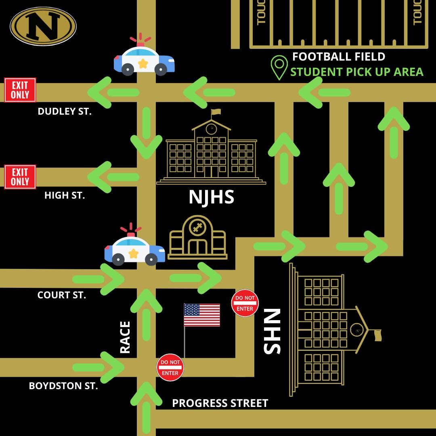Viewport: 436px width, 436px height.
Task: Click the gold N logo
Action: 43,26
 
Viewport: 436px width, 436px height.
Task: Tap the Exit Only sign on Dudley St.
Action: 20,90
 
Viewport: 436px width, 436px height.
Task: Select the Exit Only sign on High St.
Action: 20,177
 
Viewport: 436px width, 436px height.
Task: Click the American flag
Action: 202,315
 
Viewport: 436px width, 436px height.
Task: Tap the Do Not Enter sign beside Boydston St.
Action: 170,367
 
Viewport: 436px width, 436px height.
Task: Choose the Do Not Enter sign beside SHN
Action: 245,303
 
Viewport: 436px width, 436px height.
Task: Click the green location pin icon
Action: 279,67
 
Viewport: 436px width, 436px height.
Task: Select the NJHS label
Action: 211,197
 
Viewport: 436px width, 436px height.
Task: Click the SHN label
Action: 272,331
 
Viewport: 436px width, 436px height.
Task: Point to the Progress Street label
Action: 220,403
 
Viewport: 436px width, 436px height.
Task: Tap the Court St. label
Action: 62,295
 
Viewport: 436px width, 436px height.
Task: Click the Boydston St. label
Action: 63,386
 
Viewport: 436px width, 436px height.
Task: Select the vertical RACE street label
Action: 126,337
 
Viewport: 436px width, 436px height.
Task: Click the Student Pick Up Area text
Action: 357,72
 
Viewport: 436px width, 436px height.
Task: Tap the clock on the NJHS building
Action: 211,129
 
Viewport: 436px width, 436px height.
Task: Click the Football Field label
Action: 339,57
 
